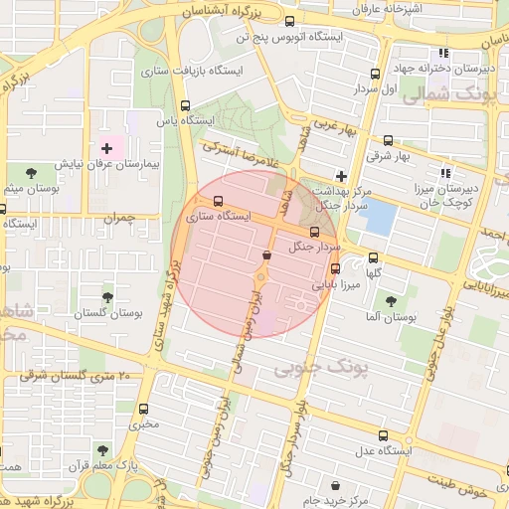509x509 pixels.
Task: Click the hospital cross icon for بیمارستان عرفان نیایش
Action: coord(107,148)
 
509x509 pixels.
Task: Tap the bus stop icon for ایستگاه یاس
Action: coord(185,105)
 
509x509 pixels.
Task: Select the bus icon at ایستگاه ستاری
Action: coord(218,201)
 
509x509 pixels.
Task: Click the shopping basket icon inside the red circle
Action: coord(266,255)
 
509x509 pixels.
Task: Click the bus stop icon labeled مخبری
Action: coord(144,409)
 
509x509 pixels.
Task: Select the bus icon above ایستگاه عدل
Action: coord(384,435)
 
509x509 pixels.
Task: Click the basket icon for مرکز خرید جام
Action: coord(335,486)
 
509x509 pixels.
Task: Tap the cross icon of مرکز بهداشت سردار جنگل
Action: coord(341,175)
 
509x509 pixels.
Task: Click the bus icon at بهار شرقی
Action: coord(387,141)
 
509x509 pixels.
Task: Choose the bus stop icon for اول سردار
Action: coord(375,74)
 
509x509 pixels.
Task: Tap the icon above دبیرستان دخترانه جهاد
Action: coord(443,54)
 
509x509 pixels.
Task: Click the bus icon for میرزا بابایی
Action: coord(334,267)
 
